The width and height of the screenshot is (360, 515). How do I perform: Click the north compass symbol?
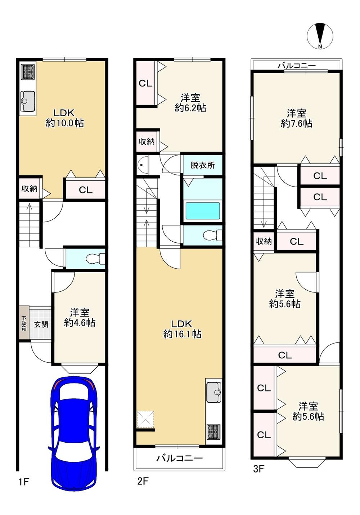[x=320, y=36]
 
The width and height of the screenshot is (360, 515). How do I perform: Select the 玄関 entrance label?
[x=41, y=324]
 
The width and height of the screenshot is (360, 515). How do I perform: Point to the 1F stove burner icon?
[x=28, y=72]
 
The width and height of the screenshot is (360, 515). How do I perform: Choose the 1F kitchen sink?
[x=28, y=101]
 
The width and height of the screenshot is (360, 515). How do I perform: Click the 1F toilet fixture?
[x=95, y=259]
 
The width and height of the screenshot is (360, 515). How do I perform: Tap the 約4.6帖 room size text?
[x=80, y=323]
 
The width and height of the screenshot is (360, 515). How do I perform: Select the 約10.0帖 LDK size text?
[x=64, y=123]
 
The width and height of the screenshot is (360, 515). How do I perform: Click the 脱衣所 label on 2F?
[x=203, y=165]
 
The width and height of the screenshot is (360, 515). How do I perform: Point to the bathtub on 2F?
[x=203, y=211]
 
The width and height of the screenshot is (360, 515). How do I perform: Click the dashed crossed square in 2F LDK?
[x=145, y=420]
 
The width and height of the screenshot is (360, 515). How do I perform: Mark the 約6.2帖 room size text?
[x=190, y=108]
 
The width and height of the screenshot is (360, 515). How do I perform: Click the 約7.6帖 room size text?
[x=297, y=124]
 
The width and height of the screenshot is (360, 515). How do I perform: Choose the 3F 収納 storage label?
[x=264, y=241]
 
